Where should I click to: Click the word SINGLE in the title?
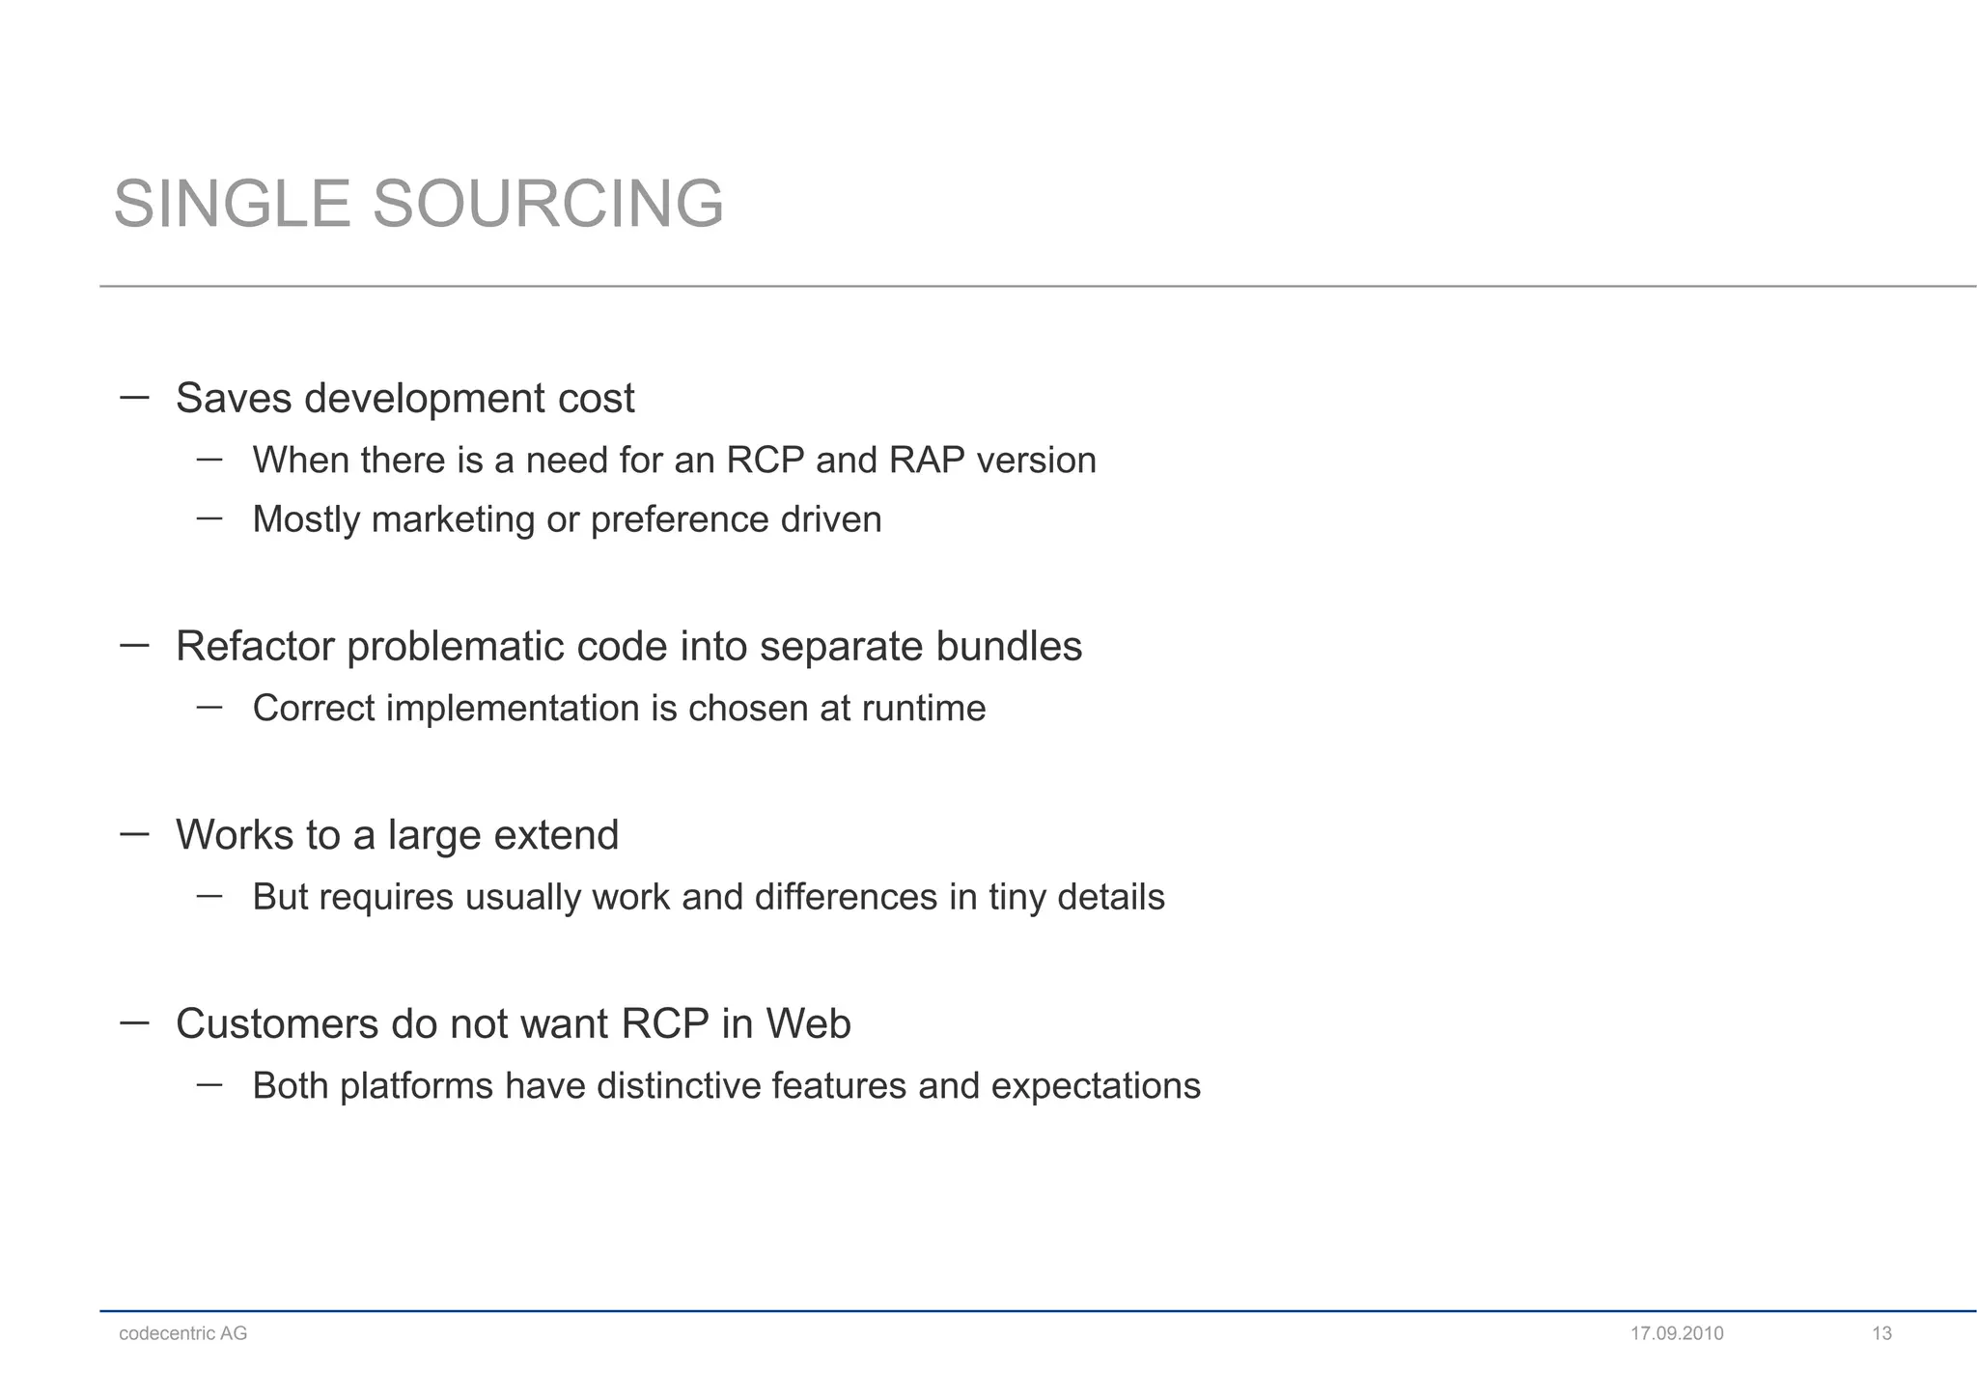(232, 205)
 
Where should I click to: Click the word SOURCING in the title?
(547, 205)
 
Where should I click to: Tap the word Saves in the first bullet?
(233, 399)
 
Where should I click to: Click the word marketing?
(453, 520)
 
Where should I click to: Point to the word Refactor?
(255, 646)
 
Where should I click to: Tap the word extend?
(556, 835)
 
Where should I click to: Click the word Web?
(809, 1023)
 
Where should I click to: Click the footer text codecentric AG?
(183, 1333)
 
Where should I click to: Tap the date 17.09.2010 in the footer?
(1677, 1333)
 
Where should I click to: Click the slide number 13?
(1881, 1333)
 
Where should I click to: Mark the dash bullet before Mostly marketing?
(209, 518)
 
